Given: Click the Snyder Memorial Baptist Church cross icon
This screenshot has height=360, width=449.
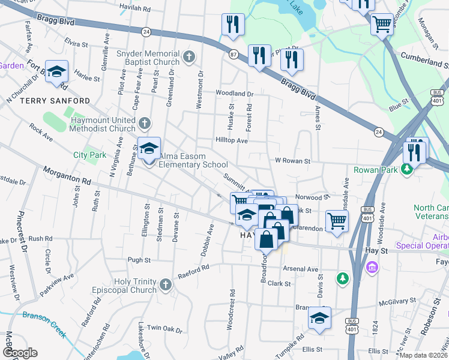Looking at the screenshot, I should pyautogui.click(x=188, y=58).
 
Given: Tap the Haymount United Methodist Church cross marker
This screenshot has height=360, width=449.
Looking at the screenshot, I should pyautogui.click(x=143, y=124).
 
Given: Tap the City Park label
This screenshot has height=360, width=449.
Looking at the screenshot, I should pyautogui.click(x=89, y=155).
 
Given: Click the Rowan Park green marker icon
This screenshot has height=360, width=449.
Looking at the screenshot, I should pyautogui.click(x=407, y=170).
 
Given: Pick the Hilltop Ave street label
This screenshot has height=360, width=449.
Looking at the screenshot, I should pyautogui.click(x=232, y=140).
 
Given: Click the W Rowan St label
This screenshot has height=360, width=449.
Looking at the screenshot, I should pyautogui.click(x=292, y=161).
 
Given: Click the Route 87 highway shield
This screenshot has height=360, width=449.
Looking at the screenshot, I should pyautogui.click(x=233, y=54).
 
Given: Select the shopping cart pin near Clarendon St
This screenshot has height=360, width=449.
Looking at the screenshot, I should pyautogui.click(x=337, y=220).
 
